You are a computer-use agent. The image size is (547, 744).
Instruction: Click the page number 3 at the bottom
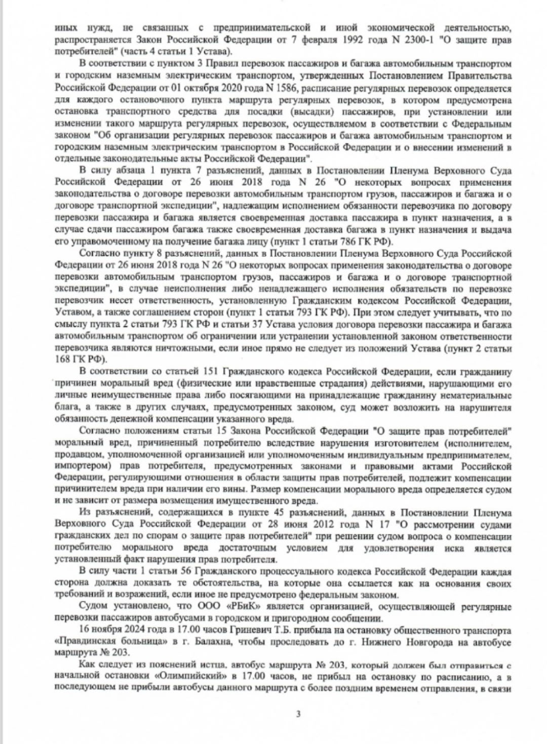tap(298, 714)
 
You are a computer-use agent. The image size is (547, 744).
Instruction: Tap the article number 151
tap(212, 371)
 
